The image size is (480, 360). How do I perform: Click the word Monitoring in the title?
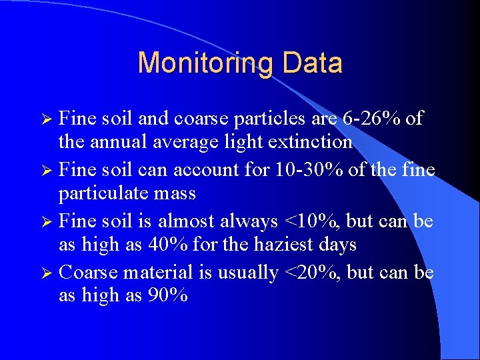(x=206, y=63)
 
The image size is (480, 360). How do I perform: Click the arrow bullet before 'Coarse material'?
(x=49, y=273)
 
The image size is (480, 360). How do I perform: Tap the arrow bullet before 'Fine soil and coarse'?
(x=49, y=119)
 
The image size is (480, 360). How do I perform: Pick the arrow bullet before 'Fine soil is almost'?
(x=49, y=221)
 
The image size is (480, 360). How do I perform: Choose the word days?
(x=336, y=245)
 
